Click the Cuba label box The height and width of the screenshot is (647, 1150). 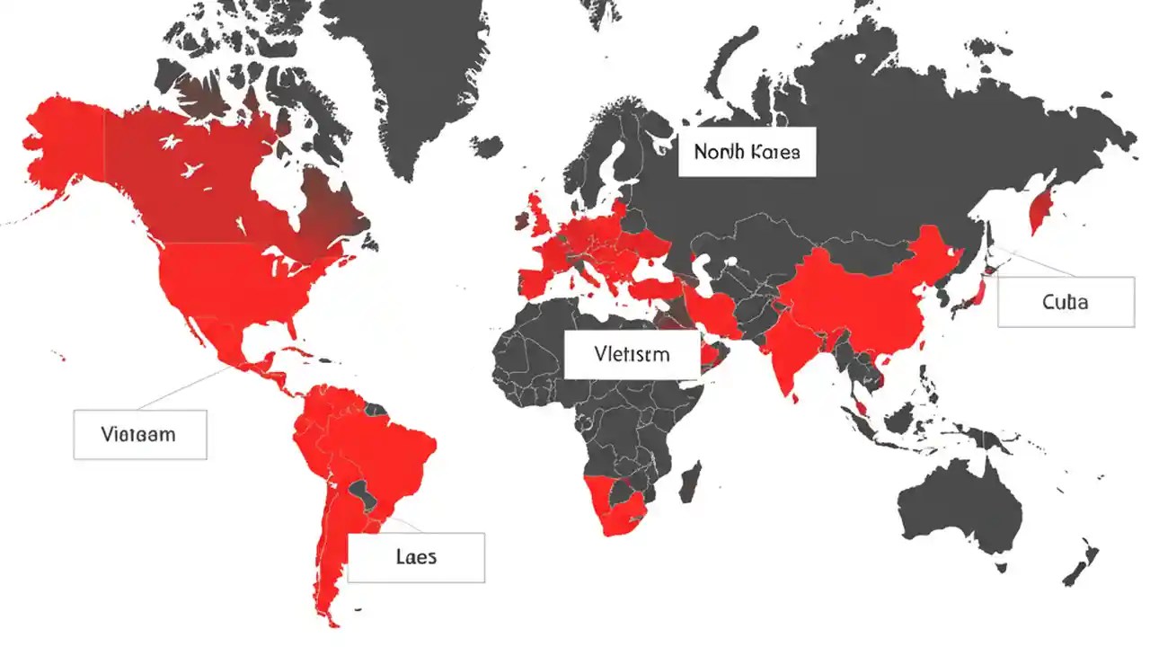[x=1066, y=302]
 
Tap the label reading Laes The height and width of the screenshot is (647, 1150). [x=416, y=557]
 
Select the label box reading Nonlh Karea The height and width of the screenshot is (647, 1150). [x=746, y=152]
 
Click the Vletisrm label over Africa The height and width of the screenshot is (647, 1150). [x=632, y=354]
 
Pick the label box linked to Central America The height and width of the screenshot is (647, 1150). [x=139, y=435]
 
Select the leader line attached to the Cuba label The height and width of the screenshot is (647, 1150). [x=1033, y=261]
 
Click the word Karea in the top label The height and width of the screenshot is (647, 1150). [x=773, y=152]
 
